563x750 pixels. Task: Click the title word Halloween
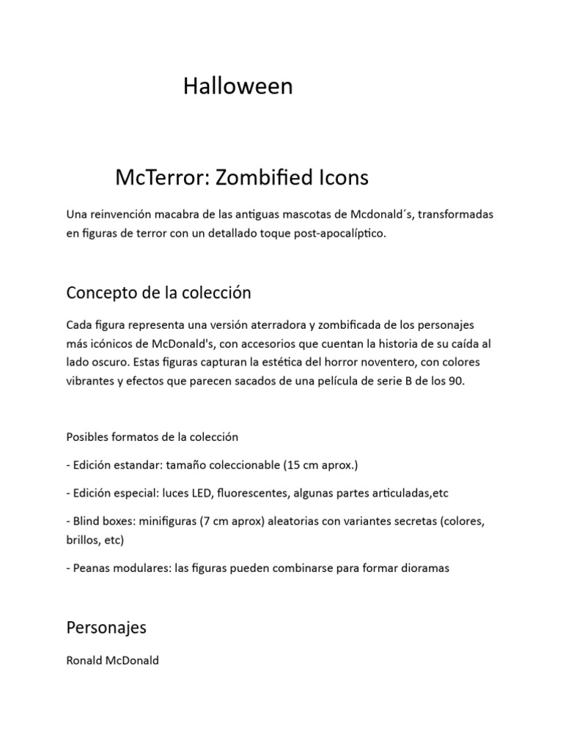238,86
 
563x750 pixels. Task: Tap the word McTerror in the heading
157,177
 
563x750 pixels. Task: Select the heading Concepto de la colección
158,293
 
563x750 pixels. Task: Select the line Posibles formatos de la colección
152,437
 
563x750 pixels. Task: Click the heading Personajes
106,628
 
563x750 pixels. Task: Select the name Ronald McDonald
112,660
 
